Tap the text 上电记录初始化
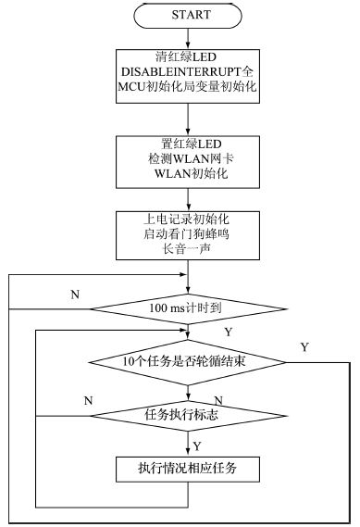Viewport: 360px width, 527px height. (189, 219)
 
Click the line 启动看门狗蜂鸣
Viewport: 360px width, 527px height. (189, 234)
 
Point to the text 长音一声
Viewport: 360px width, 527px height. (189, 250)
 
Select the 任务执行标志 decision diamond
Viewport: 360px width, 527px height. (189, 416)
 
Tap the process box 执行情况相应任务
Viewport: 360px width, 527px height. (189, 468)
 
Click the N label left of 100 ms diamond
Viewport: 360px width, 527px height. (74, 294)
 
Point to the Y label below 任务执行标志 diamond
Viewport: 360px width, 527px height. (197, 445)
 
